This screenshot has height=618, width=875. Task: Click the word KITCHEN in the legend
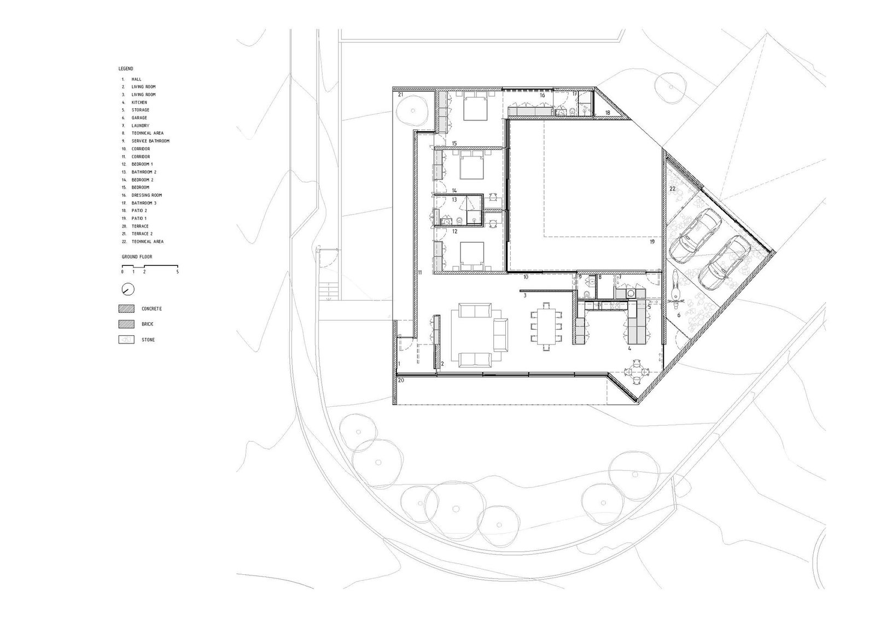pos(139,102)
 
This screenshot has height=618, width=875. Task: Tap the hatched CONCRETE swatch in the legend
pos(126,308)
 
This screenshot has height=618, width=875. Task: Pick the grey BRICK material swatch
pos(126,324)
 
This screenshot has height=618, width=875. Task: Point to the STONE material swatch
pos(126,340)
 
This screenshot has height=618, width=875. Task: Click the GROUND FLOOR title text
pos(137,256)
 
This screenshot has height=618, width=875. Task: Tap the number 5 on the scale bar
pos(177,271)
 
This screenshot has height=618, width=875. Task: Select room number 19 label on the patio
pos(652,242)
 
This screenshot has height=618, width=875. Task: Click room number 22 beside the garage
pos(672,189)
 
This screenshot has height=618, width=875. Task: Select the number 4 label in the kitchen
pos(629,348)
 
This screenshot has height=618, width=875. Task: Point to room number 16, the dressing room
pos(542,95)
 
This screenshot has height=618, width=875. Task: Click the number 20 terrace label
pos(401,380)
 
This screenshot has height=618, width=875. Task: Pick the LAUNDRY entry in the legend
pos(140,125)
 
